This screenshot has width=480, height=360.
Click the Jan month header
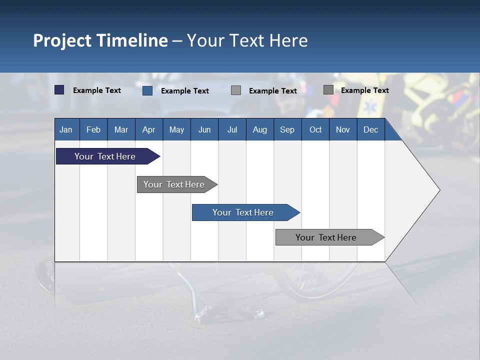[x=66, y=129]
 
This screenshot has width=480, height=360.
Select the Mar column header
[x=121, y=129]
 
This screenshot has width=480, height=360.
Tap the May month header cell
[x=176, y=129]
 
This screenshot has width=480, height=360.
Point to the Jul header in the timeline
[x=232, y=129]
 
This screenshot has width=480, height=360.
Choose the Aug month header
[x=259, y=129]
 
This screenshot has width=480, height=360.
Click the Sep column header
[x=287, y=129]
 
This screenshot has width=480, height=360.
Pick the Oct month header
[x=315, y=129]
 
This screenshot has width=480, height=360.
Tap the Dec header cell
[x=370, y=129]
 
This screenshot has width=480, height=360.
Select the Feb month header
[x=93, y=129]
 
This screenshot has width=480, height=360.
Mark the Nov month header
[x=342, y=129]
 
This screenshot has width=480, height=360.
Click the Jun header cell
[x=204, y=129]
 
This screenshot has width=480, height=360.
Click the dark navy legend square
[x=59, y=90]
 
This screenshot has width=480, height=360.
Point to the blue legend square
[x=147, y=90]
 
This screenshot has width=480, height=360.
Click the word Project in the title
[x=62, y=40]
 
